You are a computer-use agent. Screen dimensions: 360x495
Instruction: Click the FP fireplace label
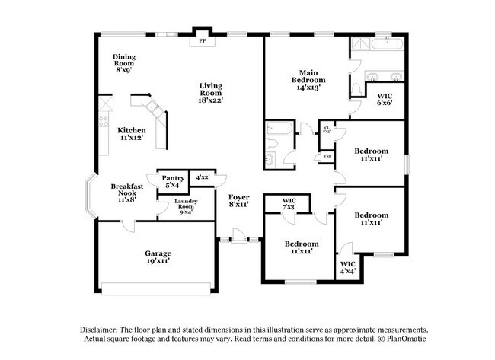pos(203,40)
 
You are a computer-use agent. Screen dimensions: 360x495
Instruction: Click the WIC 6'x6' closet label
pos(385,100)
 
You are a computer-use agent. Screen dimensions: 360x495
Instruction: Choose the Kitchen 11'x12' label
pos(131,134)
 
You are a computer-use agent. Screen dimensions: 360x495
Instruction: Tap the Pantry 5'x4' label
pos(172,181)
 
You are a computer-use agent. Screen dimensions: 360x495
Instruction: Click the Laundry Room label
pos(187,206)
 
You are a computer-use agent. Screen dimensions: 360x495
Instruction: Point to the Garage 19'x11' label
pos(158,256)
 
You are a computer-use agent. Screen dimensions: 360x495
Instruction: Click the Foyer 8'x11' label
pos(239,200)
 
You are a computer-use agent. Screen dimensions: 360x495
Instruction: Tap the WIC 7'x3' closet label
pos(289,204)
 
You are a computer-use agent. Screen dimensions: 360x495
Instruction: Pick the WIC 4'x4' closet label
pos(347,267)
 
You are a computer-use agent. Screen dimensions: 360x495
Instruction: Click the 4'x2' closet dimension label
pos(202,177)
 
